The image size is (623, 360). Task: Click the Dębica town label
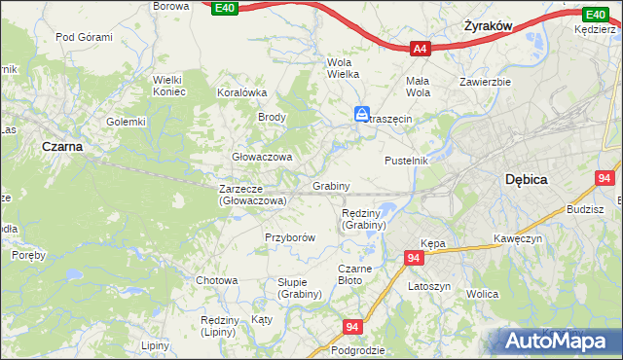pyautogui.click(x=527, y=180)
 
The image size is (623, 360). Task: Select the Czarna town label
pyautogui.click(x=60, y=146)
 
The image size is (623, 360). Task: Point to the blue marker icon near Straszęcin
pyautogui.click(x=361, y=115)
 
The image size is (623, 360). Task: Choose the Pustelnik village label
pyautogui.click(x=406, y=160)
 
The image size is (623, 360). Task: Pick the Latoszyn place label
pyautogui.click(x=428, y=287)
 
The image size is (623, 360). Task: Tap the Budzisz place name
pyautogui.click(x=584, y=209)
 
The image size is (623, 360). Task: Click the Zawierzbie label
pyautogui.click(x=486, y=82)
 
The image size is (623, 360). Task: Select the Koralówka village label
pyautogui.click(x=241, y=93)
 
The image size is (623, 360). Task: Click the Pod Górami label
pyautogui.click(x=84, y=37)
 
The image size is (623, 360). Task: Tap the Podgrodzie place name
pyautogui.click(x=358, y=350)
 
